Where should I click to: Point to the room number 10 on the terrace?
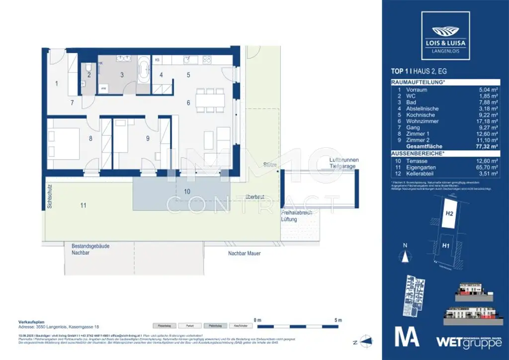186,191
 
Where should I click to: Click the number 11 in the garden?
83,205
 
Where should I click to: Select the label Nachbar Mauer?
244,253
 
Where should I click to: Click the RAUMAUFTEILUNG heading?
418,82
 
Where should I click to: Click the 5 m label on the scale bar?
338,319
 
